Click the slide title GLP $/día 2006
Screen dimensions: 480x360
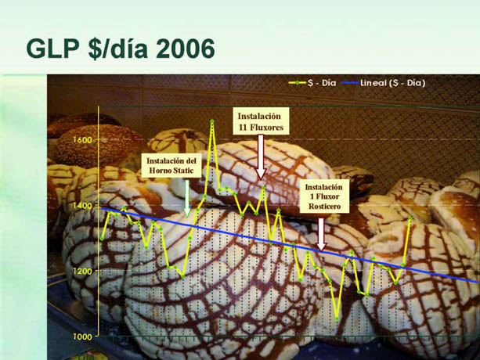121,49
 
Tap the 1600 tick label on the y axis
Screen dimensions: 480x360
83,140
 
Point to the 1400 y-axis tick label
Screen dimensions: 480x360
83,206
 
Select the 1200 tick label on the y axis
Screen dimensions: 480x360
83,271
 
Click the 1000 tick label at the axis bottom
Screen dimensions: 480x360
83,337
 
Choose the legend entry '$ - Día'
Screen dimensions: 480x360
312,83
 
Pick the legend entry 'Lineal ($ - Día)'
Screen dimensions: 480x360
384,83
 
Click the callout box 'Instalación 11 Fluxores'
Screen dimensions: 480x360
260,121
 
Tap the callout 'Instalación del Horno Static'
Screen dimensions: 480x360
171,165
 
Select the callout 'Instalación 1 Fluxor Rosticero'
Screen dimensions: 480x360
324,196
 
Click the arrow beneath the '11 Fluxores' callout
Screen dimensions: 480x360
261,157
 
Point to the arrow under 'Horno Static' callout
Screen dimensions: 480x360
186,197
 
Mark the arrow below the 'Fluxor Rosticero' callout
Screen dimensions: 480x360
321,234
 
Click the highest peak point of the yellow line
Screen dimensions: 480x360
212,121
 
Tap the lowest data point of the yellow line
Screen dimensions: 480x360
337,319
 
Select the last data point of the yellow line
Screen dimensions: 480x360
410,218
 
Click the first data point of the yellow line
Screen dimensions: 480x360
102,239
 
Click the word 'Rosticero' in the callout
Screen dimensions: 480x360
324,207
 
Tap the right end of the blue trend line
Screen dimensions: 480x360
477,282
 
